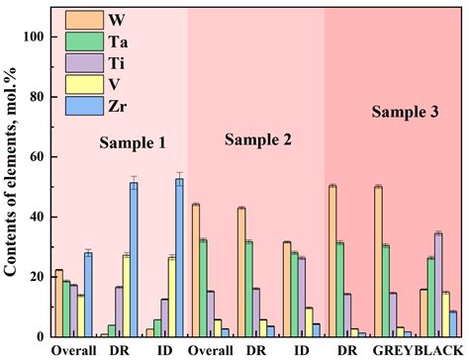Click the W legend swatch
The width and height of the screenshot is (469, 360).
[x=82, y=19]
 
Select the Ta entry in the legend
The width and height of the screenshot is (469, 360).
[x=82, y=41]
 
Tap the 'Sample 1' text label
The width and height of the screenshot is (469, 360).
[x=132, y=143]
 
